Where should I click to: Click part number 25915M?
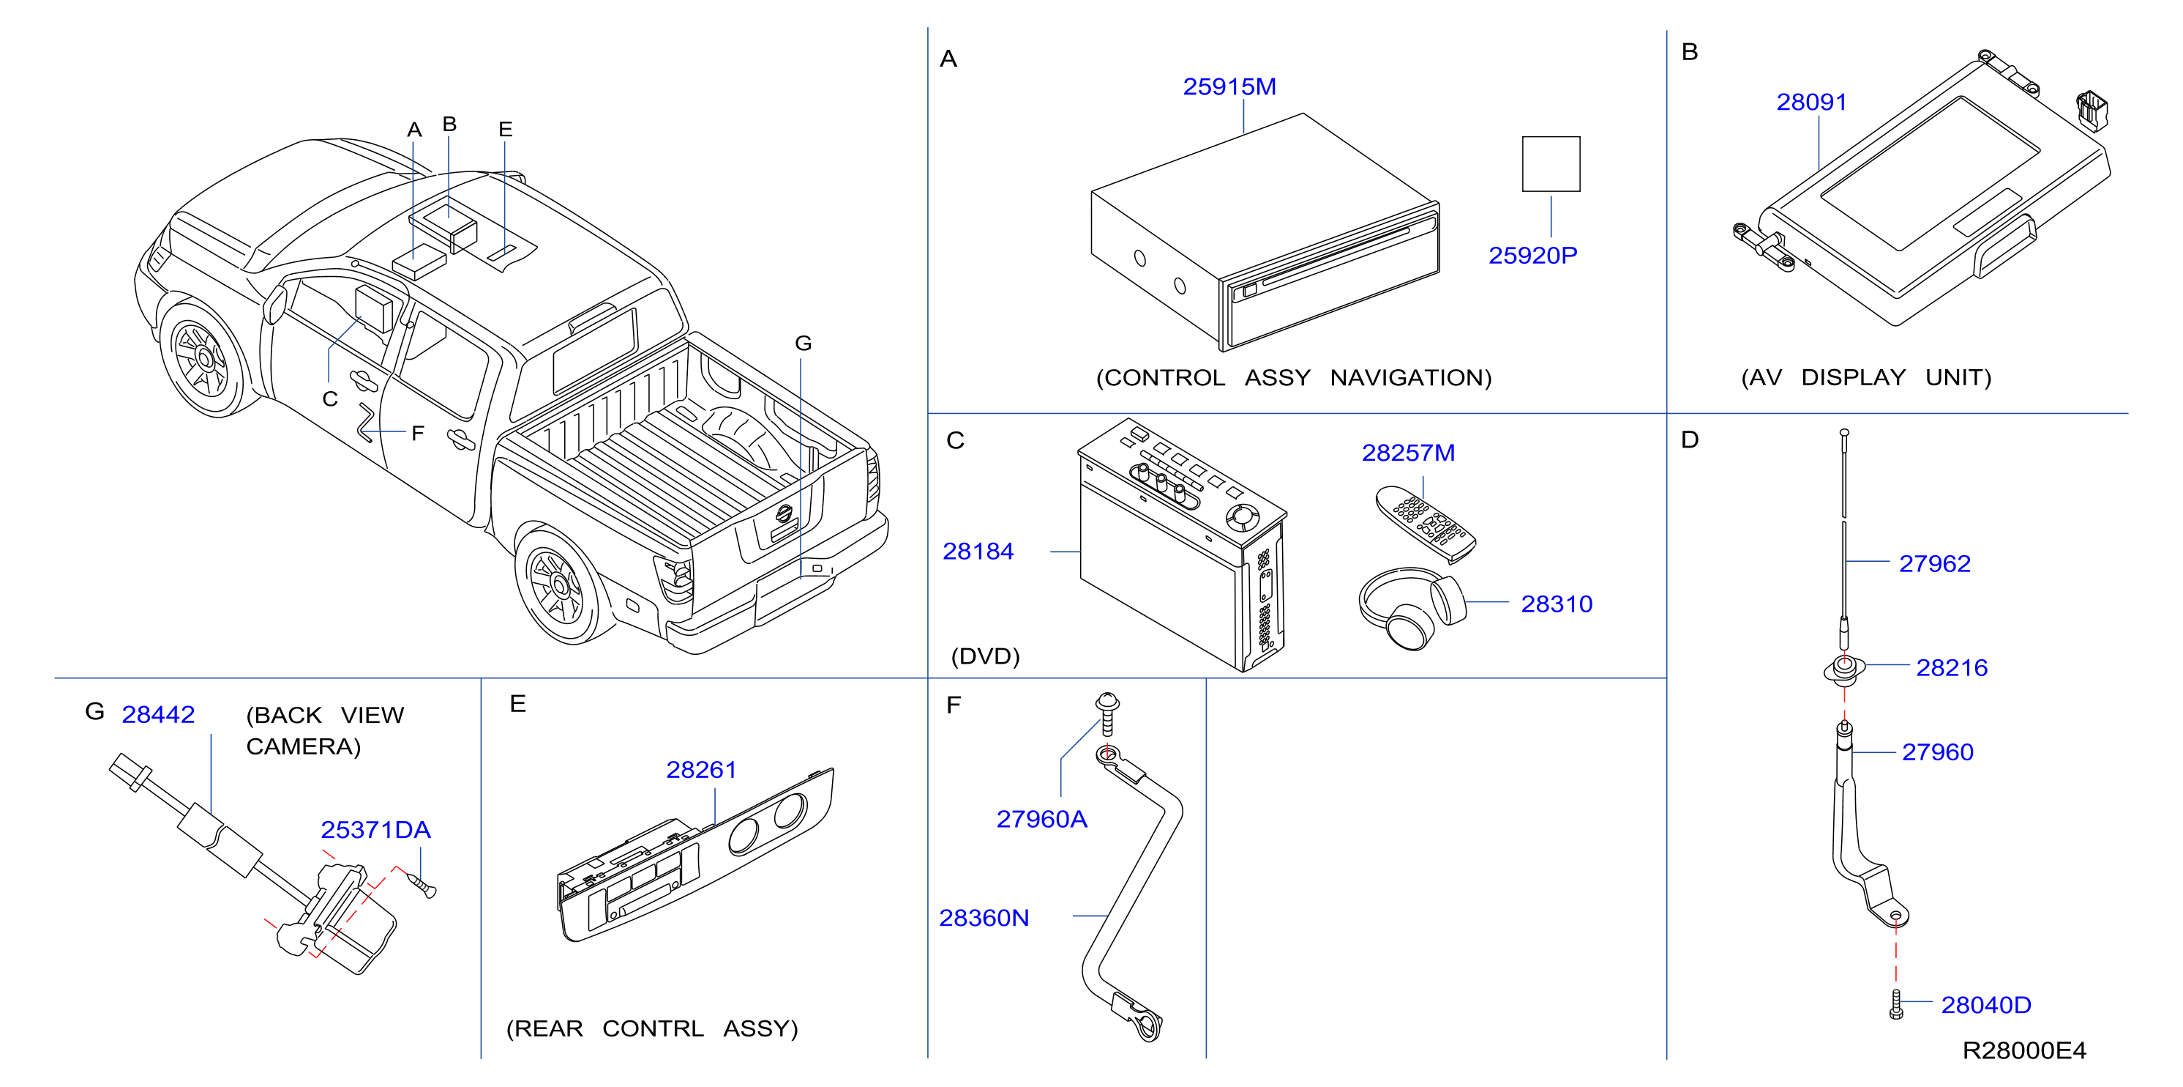pos(1229,86)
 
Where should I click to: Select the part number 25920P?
pos(1533,255)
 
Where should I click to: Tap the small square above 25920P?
pos(1551,163)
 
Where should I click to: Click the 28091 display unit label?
pos(1811,102)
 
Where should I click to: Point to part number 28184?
pos(978,551)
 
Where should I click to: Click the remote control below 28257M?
pos(1426,523)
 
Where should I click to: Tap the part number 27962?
pos(1935,563)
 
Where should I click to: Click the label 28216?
pos(1952,667)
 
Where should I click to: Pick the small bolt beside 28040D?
pos(1897,1004)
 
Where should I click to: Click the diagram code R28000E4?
pos(2023,1050)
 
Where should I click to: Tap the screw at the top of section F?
pos(1108,714)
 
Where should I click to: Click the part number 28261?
pos(701,769)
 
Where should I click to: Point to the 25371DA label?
pos(375,829)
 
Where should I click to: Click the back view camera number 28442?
pos(159,714)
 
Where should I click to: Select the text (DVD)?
pos(986,656)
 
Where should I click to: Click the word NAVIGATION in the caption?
pos(1411,377)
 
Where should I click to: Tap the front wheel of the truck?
pos(205,357)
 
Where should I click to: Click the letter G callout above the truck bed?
pos(804,344)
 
